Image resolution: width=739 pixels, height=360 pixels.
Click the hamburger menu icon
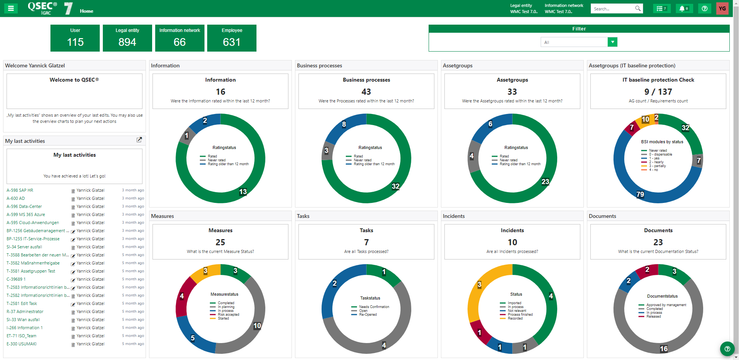pyautogui.click(x=11, y=8)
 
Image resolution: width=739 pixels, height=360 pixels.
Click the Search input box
pyautogui.click(x=613, y=8)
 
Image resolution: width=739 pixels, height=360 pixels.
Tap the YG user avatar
pyautogui.click(x=722, y=8)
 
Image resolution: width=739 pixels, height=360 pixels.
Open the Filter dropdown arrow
pyautogui.click(x=612, y=42)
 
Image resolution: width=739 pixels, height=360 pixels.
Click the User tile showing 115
pyautogui.click(x=75, y=38)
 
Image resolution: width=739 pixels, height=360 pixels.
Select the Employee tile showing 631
pyautogui.click(x=232, y=38)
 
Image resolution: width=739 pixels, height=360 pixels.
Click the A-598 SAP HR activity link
pyautogui.click(x=20, y=190)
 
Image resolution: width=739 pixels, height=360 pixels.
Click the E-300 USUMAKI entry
pyautogui.click(x=22, y=344)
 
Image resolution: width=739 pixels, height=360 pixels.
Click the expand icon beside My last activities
pyautogui.click(x=139, y=140)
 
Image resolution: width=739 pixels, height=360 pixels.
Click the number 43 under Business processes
pyautogui.click(x=366, y=92)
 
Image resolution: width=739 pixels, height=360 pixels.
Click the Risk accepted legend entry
pyautogui.click(x=228, y=315)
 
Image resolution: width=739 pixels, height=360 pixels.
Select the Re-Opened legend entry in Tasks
pyautogui.click(x=368, y=315)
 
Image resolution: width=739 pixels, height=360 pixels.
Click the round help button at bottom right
pyautogui.click(x=727, y=349)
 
